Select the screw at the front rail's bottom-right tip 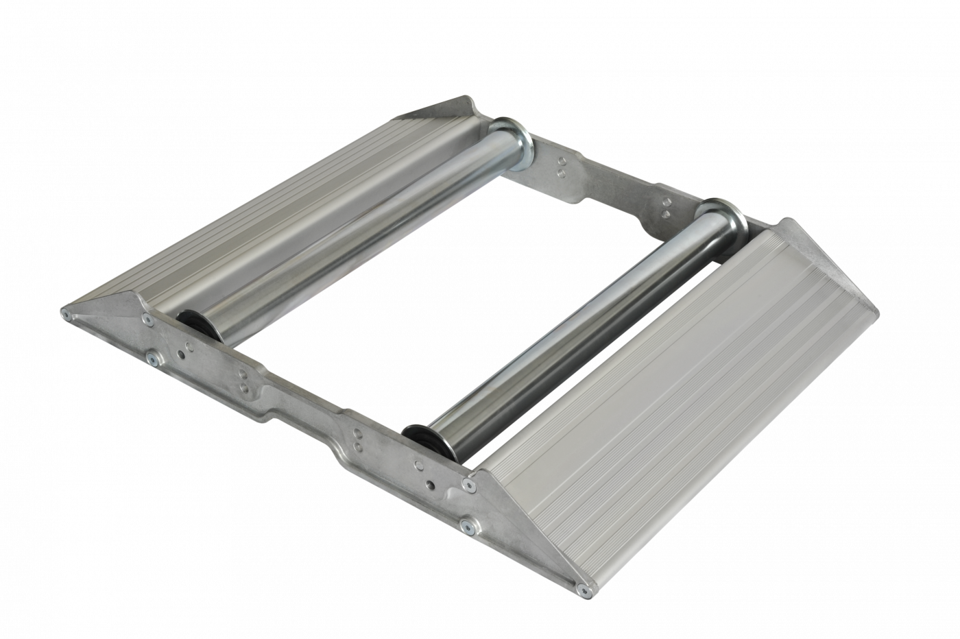[x=584, y=588]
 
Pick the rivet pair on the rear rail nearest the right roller [x=666, y=208]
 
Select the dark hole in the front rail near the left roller [x=180, y=354]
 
